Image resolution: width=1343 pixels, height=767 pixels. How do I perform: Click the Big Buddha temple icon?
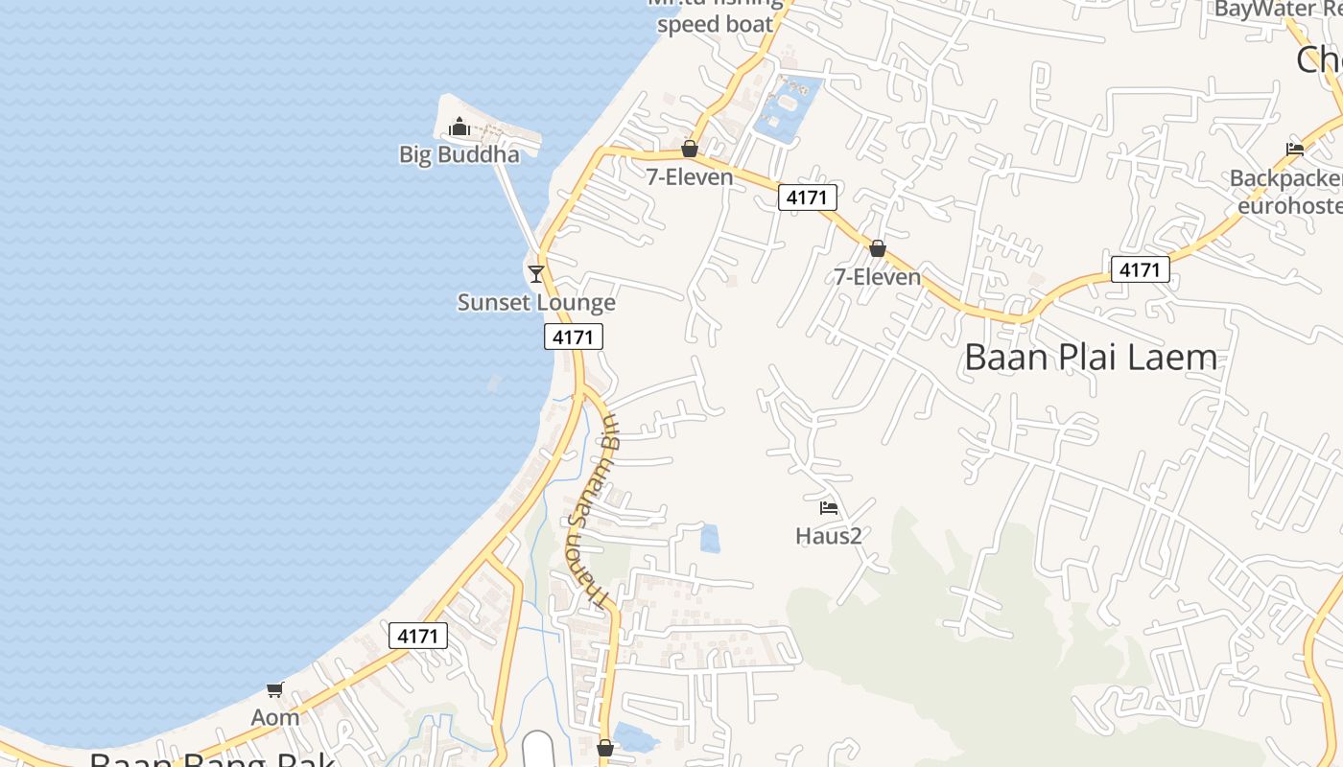[459, 127]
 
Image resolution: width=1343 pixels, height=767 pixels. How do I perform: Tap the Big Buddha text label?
[459, 154]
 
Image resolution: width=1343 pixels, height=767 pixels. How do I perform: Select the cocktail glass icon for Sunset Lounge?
[536, 274]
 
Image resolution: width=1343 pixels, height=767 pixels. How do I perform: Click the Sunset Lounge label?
[536, 303]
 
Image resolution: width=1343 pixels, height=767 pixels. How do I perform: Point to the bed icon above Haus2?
[829, 507]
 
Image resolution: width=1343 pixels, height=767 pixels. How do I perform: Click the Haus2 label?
[829, 536]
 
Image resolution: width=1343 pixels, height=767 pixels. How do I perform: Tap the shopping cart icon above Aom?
[275, 689]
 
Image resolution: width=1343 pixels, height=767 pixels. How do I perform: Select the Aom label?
[275, 717]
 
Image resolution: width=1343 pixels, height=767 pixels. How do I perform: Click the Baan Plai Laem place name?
[1091, 359]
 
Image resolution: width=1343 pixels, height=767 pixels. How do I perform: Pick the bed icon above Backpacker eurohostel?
[1294, 150]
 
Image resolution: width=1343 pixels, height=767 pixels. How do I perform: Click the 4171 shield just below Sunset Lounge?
[574, 337]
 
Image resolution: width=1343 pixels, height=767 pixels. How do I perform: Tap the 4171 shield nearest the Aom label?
[418, 636]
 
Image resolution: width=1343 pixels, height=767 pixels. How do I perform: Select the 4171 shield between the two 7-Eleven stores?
[807, 198]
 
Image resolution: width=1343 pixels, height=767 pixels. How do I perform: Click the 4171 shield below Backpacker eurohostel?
[1141, 270]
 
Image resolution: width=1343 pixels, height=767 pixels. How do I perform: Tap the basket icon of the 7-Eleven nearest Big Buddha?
[689, 149]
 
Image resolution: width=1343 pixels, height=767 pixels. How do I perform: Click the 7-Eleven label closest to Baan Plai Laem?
[877, 277]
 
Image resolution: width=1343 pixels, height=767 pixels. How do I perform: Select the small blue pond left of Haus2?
[710, 539]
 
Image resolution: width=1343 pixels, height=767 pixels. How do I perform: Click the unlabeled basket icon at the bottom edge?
[605, 748]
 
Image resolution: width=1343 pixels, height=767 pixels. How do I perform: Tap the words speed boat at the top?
[715, 25]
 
